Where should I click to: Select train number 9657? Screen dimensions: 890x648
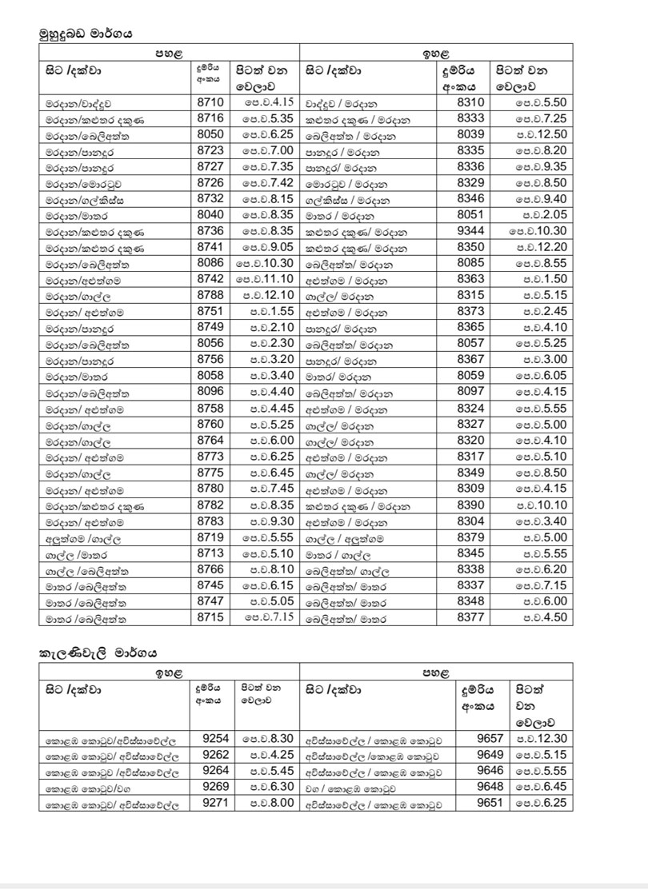tap(488, 739)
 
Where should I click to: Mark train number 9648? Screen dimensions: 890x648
tap(488, 787)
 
